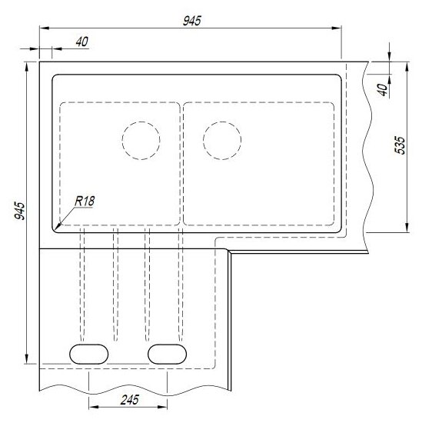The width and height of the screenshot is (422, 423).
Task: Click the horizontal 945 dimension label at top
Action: point(192,21)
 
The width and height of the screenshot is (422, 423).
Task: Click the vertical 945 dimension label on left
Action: point(20,211)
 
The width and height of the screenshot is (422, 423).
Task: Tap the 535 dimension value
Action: point(400,145)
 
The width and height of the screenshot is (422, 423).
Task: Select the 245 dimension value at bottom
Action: point(130,400)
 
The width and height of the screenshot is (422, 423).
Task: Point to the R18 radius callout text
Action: point(85,202)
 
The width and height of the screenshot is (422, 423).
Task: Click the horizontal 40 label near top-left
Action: point(82,42)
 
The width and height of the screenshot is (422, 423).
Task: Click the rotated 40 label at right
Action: point(383,89)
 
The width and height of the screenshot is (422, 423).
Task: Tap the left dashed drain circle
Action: point(141,141)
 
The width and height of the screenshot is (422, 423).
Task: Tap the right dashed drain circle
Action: point(222,141)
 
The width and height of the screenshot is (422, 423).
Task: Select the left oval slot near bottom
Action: point(89,354)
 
